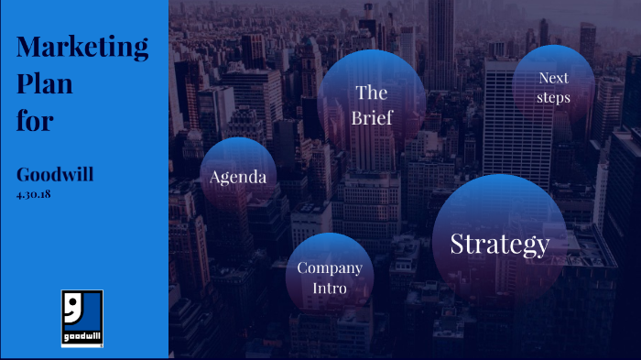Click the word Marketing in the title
[82, 47]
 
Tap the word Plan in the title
[45, 83]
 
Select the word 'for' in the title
[35, 120]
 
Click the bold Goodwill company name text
[55, 175]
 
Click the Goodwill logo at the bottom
[81, 318]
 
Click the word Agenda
[238, 177]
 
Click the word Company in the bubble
[330, 268]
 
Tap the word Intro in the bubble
[330, 289]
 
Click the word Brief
[372, 118]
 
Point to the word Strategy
[500, 244]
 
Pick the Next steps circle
[554, 83]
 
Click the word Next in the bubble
[554, 78]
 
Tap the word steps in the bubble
[554, 97]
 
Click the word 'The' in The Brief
[372, 93]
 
